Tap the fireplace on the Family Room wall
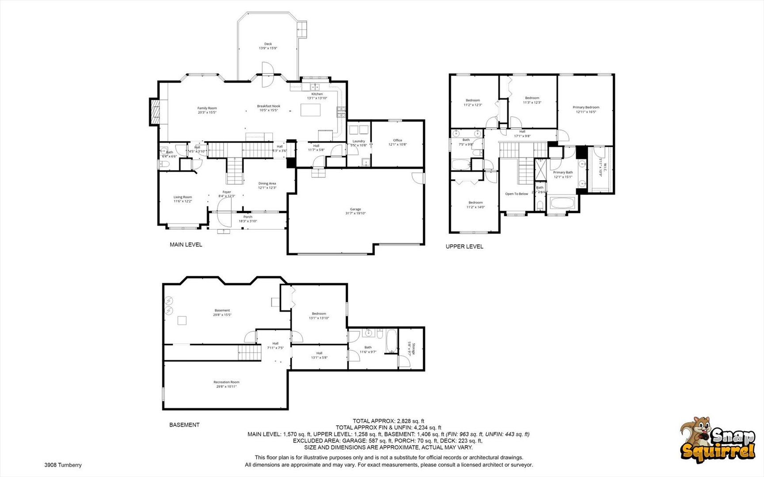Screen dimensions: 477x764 (154, 112)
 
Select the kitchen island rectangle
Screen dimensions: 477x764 (310, 110)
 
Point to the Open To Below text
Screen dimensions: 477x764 (516, 194)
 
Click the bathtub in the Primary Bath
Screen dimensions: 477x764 (562, 204)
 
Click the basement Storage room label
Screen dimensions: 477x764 (411, 348)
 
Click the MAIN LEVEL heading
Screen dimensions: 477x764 (186, 244)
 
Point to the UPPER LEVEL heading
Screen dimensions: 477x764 (464, 246)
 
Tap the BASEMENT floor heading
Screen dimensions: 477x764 (184, 425)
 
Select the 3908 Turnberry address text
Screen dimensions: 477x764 (63, 465)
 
